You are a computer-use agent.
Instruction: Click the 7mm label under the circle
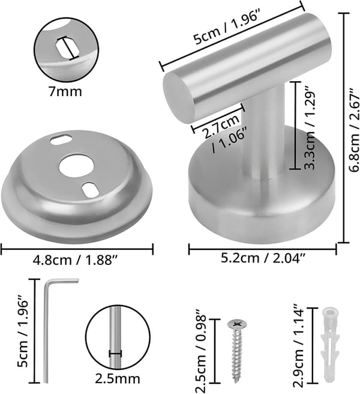click(x=65, y=92)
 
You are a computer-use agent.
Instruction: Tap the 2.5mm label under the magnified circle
click(x=117, y=378)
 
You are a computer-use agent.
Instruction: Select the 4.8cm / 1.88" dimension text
click(x=75, y=260)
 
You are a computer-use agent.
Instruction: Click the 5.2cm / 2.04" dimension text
click(x=263, y=258)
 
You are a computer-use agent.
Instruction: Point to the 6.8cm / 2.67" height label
click(x=354, y=130)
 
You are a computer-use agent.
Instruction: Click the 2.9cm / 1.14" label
click(x=299, y=346)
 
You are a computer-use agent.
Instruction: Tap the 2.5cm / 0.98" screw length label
click(x=201, y=351)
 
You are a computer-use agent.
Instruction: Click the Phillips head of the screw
click(x=237, y=324)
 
